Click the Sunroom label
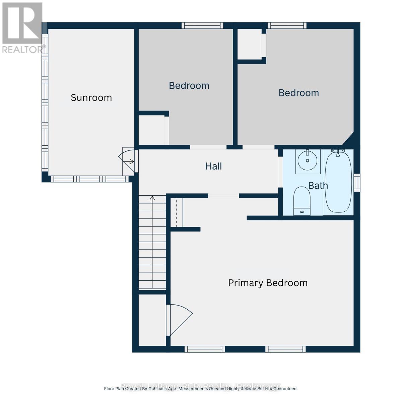click(91, 98)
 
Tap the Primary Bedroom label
click(268, 283)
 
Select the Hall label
click(213, 166)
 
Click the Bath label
click(318, 186)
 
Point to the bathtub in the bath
click(338, 183)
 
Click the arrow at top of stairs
click(152, 198)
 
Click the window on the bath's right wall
click(357, 183)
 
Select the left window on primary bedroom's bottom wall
click(204, 349)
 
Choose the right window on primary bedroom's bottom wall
click(285, 349)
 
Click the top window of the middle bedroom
click(202, 25)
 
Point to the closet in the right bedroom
click(250, 44)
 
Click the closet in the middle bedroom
click(151, 130)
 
